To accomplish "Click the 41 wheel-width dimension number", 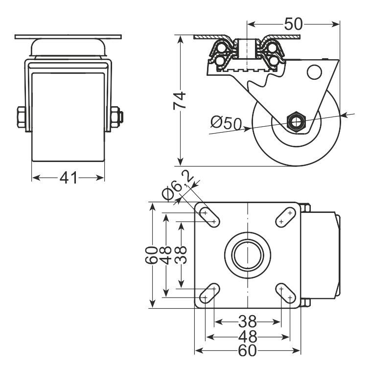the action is [x=69, y=178].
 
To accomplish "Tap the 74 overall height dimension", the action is [x=180, y=100].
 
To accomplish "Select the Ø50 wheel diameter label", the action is [x=226, y=122].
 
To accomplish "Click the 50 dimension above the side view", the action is [x=293, y=24].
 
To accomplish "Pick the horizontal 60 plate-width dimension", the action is [x=247, y=351].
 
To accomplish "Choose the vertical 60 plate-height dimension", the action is [x=152, y=255].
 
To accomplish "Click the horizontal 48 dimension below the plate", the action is [x=248, y=337].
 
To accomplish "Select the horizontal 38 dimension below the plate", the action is [x=247, y=322].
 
